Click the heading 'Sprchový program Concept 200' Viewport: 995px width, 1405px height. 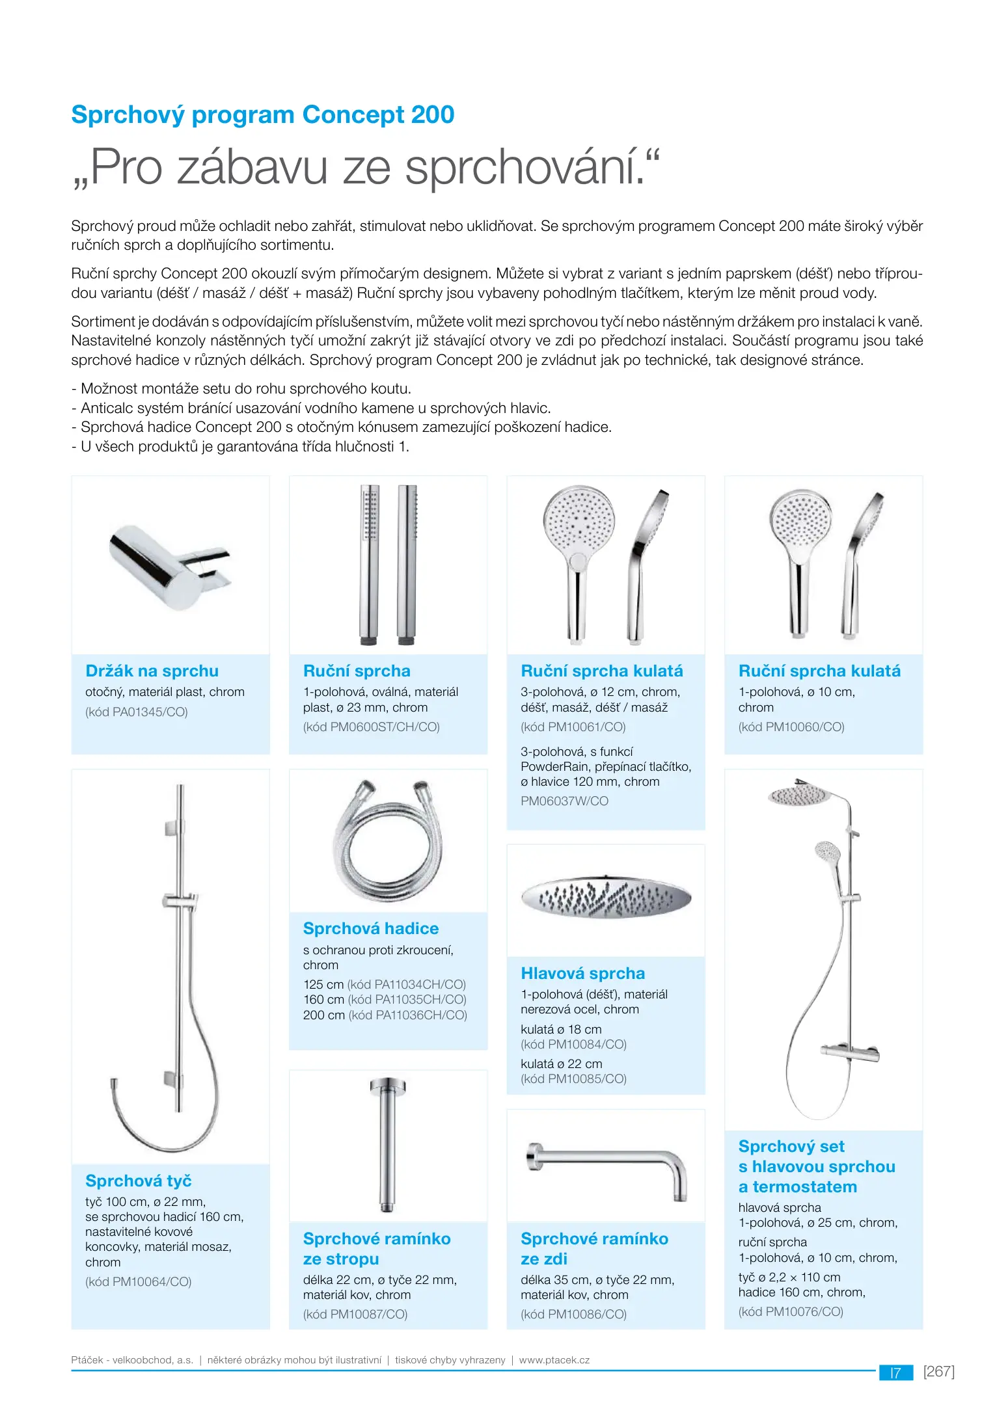[x=262, y=115]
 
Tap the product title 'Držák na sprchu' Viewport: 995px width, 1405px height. [x=152, y=671]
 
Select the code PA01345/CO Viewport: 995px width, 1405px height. [x=137, y=712]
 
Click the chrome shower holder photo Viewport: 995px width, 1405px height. [x=169, y=566]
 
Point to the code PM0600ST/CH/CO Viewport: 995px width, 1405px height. [x=372, y=727]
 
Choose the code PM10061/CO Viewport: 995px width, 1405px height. [x=573, y=727]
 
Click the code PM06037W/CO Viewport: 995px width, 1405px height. [x=564, y=801]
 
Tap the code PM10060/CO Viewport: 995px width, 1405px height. [x=791, y=727]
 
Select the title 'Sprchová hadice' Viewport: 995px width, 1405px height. [x=370, y=928]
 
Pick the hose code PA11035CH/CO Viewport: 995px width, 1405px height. [x=407, y=1000]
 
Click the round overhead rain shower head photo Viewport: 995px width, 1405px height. [x=605, y=898]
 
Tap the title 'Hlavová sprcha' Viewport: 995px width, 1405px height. [x=582, y=973]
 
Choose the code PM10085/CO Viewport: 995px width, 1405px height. [x=573, y=1078]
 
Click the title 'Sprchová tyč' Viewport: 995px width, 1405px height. [x=138, y=1181]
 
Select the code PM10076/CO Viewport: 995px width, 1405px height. [x=791, y=1311]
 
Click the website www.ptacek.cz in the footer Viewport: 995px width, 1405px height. [x=554, y=1360]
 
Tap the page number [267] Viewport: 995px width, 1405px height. [x=938, y=1371]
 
